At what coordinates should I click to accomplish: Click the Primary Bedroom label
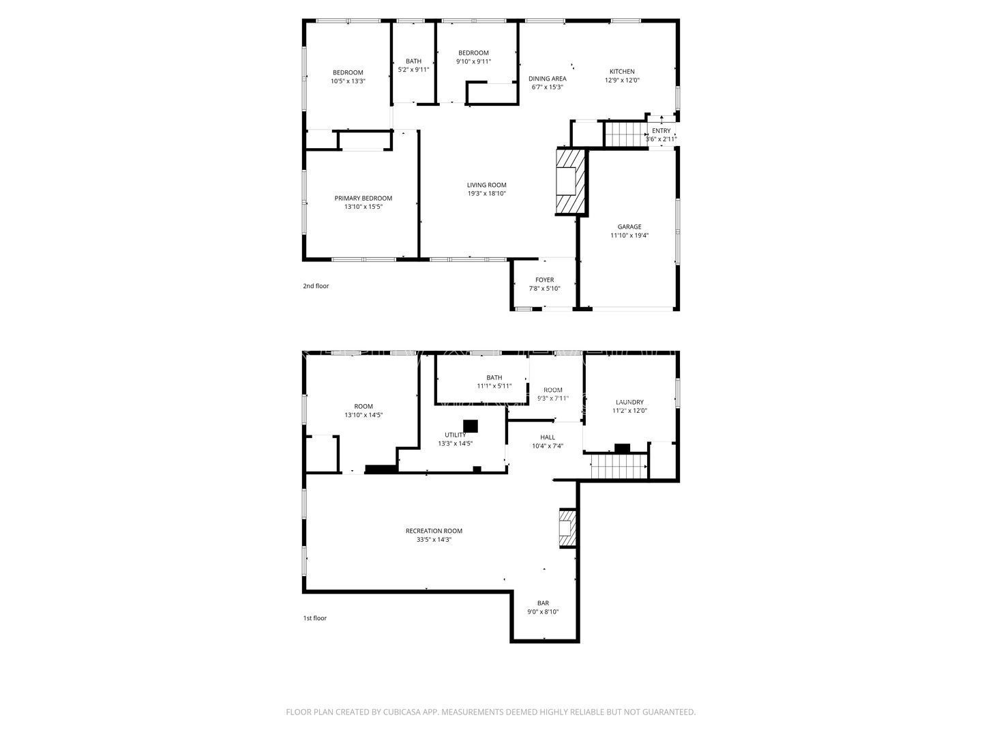click(x=363, y=199)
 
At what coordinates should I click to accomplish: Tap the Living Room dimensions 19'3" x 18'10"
click(x=486, y=193)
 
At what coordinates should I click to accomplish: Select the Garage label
click(x=629, y=227)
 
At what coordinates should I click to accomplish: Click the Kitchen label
click(x=622, y=72)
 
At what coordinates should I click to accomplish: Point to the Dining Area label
click(x=548, y=78)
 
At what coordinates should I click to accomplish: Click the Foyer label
click(x=544, y=280)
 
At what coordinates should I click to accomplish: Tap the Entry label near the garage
click(x=661, y=131)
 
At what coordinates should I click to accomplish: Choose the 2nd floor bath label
click(x=413, y=61)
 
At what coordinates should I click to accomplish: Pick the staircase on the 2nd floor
click(x=625, y=134)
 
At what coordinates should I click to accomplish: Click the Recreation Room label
click(x=434, y=531)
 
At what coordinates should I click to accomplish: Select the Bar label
click(x=543, y=603)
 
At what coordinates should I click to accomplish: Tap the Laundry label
click(x=629, y=403)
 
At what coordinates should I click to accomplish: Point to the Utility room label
click(x=455, y=435)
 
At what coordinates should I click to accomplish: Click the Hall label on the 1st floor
click(x=548, y=437)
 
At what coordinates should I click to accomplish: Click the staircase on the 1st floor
click(x=618, y=467)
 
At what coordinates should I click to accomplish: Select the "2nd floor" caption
click(x=316, y=286)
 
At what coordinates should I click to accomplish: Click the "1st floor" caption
click(x=315, y=618)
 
